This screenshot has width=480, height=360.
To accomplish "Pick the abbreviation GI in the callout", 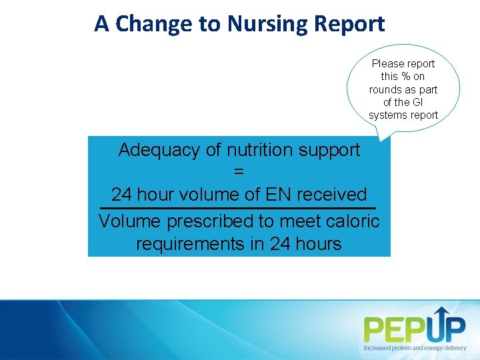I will tap(417, 102).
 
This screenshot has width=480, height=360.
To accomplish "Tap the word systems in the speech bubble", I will tap(386, 115).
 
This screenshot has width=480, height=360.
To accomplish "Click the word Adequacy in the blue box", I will tap(159, 150).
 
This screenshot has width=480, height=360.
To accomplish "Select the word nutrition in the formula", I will tap(255, 150).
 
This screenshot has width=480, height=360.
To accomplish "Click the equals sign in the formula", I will tap(239, 172).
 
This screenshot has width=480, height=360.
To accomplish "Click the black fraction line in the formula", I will tap(238, 209).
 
